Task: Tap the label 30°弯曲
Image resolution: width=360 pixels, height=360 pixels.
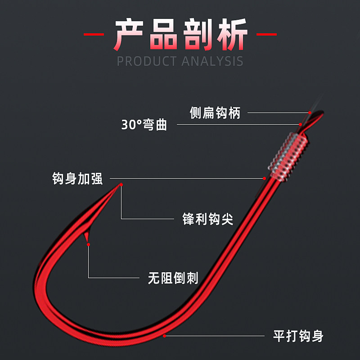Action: [144, 125]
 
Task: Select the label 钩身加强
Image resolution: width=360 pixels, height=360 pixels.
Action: [77, 179]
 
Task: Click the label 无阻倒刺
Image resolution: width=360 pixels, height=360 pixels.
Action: [173, 278]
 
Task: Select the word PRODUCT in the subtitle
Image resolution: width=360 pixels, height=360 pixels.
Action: [148, 61]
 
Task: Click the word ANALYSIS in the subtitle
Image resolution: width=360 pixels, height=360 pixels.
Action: [212, 61]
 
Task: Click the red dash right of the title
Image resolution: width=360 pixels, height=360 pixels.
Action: [266, 34]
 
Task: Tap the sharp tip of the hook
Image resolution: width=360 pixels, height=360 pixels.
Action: [121, 184]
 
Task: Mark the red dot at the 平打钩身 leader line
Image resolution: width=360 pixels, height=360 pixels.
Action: [165, 335]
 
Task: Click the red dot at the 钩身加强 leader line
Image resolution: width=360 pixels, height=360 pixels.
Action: [265, 178]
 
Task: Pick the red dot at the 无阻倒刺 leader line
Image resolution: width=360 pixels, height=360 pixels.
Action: [88, 244]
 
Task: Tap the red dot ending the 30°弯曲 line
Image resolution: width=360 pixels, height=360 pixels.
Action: [301, 124]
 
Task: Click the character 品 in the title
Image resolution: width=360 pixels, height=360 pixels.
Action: [164, 35]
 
